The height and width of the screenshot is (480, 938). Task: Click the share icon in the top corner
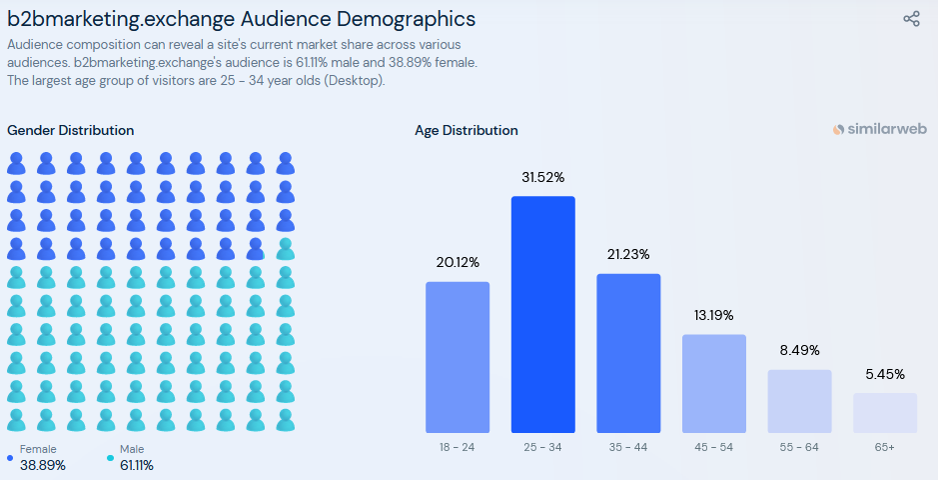(911, 19)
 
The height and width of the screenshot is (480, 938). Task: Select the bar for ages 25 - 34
(543, 314)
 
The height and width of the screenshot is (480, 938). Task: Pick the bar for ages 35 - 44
(628, 352)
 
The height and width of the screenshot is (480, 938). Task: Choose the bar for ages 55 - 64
(799, 401)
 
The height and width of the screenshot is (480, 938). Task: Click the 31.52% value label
(543, 178)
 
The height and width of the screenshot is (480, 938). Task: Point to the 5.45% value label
(885, 375)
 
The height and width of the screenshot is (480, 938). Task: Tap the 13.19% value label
(714, 316)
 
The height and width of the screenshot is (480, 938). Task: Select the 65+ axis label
(885, 447)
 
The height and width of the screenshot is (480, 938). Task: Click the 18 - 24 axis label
(458, 447)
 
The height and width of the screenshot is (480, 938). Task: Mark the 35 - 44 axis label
(628, 447)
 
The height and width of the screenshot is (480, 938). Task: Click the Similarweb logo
(879, 130)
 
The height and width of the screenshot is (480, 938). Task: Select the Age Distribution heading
(467, 130)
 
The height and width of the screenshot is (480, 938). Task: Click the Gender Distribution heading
(70, 130)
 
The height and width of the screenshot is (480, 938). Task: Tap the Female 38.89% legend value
(43, 465)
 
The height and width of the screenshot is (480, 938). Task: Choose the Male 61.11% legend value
(137, 465)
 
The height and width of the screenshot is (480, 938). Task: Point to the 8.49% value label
(799, 351)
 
